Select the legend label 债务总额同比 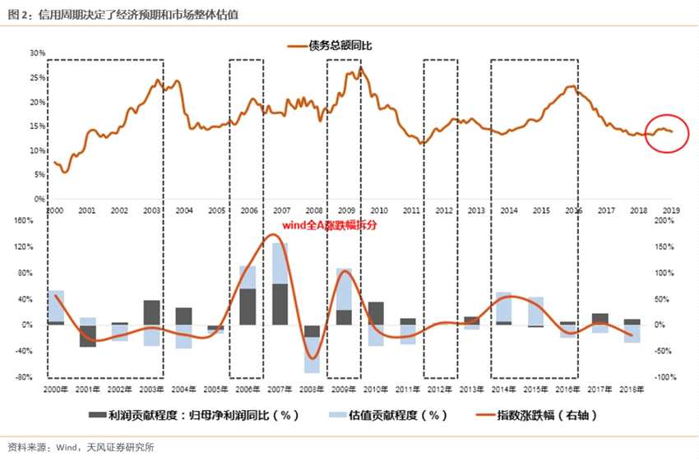click(x=340, y=46)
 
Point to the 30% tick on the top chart click(x=37, y=53)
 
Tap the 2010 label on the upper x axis click(x=378, y=211)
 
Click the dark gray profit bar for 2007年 click(x=280, y=304)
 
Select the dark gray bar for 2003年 click(x=151, y=312)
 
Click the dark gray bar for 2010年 click(x=376, y=313)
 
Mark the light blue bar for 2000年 click(x=56, y=305)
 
